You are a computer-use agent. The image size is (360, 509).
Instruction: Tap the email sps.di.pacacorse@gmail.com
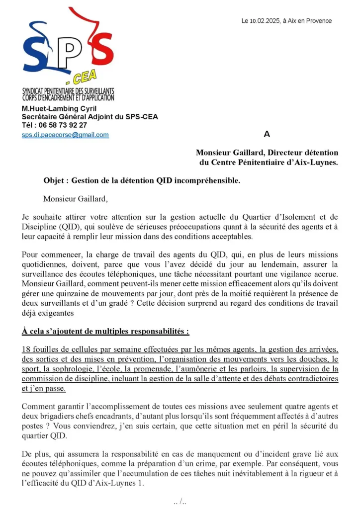65,135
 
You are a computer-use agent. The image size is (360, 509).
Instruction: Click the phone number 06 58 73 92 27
63,125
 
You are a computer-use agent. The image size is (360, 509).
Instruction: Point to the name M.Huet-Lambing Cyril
59,109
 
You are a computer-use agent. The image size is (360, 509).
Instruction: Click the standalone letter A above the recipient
267,134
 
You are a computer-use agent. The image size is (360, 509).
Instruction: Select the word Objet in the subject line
54,181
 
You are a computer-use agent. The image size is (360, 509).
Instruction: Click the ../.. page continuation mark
180,501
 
